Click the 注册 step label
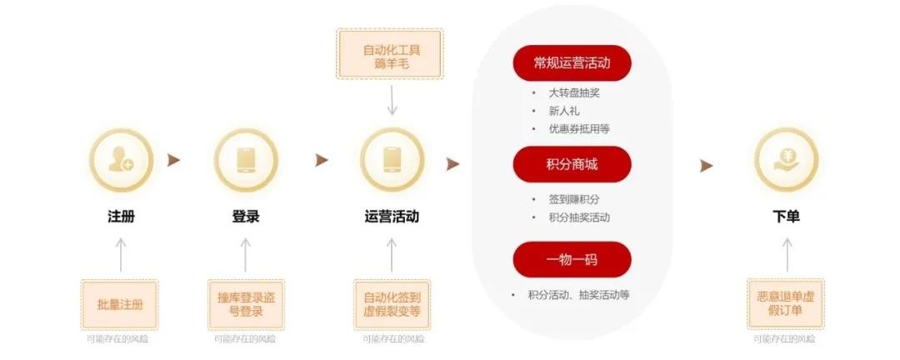click(x=121, y=217)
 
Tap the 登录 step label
click(x=246, y=217)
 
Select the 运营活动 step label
click(x=392, y=217)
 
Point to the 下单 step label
click(x=786, y=217)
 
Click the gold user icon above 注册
click(x=121, y=160)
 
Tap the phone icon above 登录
click(x=246, y=160)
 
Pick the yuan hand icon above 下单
click(x=786, y=160)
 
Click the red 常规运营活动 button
click(x=572, y=63)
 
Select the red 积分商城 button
click(x=572, y=164)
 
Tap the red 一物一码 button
click(x=572, y=259)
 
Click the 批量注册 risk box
click(x=119, y=304)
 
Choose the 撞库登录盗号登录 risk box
click(x=246, y=304)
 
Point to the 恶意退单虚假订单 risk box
click(x=786, y=304)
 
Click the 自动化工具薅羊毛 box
click(x=390, y=53)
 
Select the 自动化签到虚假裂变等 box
click(x=392, y=304)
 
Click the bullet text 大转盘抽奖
click(x=574, y=93)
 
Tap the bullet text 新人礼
click(x=563, y=111)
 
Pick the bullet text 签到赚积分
click(x=574, y=199)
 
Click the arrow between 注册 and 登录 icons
click(x=173, y=160)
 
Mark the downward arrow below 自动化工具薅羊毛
click(x=392, y=101)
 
